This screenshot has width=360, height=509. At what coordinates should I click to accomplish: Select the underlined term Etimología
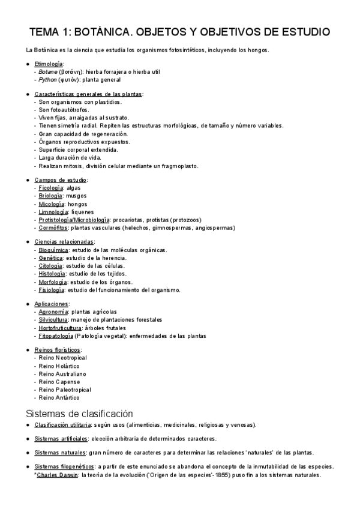click(49, 64)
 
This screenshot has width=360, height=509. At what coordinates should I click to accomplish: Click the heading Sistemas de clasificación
click(79, 414)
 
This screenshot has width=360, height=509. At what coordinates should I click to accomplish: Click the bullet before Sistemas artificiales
click(28, 439)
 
